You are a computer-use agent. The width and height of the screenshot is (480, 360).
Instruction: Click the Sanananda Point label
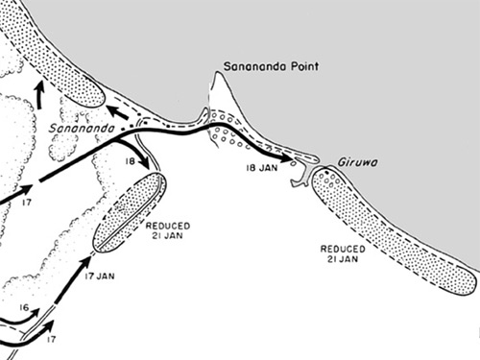[270, 67]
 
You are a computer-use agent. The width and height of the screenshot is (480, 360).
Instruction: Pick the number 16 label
[23, 309]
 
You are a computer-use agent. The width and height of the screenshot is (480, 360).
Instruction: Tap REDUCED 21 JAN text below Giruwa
[342, 253]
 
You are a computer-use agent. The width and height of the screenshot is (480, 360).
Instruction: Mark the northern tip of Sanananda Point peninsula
[220, 76]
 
